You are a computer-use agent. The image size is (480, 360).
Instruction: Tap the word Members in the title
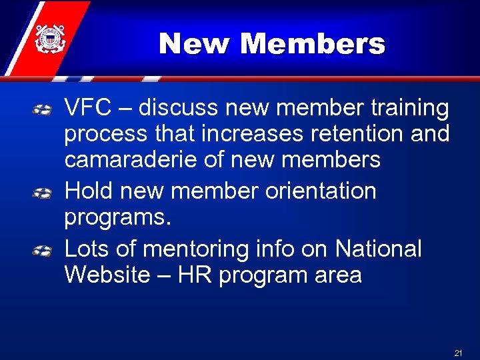(312, 45)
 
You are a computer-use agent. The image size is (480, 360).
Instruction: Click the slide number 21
(458, 352)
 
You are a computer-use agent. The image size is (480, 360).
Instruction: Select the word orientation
(321, 191)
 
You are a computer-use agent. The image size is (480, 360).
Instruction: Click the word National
(378, 249)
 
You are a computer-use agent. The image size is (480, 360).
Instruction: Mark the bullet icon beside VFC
(43, 109)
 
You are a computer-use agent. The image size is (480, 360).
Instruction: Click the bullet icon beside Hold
(43, 193)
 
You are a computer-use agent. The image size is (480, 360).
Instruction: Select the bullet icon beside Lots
(43, 251)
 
